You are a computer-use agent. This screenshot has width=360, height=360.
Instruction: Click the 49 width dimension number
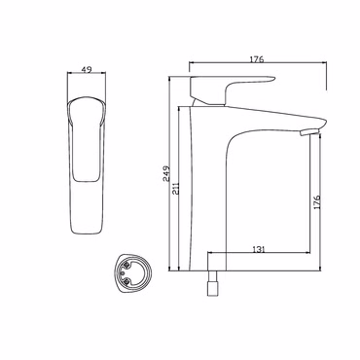pyautogui.click(x=87, y=69)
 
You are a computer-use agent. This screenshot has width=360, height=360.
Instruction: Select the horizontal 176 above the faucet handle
pyautogui.click(x=257, y=59)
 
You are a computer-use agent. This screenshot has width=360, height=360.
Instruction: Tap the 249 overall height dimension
pyautogui.click(x=166, y=173)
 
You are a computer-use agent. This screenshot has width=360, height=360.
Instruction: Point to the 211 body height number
pyautogui.click(x=176, y=188)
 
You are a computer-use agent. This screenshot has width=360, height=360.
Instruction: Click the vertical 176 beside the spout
pyautogui.click(x=317, y=201)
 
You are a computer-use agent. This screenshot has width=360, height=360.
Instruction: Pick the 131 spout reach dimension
pyautogui.click(x=259, y=249)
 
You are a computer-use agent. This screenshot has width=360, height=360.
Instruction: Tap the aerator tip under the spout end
pyautogui.click(x=309, y=132)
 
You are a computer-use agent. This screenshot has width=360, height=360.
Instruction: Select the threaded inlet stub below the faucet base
pyautogui.click(x=212, y=283)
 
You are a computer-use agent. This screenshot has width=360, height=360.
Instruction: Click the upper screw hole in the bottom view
pyautogui.click(x=126, y=267)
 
